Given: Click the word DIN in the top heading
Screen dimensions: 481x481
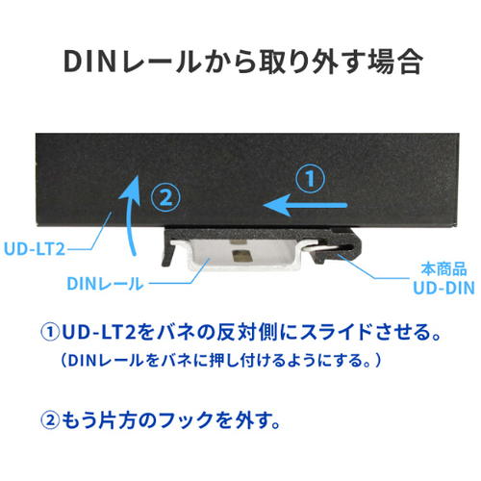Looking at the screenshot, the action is (x=89, y=61).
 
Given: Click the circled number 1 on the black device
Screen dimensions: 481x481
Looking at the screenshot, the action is (x=310, y=178).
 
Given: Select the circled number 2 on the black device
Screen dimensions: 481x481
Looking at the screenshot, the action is (x=165, y=197).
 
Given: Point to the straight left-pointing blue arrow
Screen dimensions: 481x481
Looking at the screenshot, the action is (x=305, y=205).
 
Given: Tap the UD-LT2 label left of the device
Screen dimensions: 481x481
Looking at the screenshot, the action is (x=35, y=249).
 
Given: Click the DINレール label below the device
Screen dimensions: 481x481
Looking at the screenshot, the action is (x=105, y=284).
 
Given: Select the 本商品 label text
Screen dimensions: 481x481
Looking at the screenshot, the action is (x=443, y=268).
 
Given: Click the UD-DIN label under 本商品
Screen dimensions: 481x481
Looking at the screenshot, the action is (x=443, y=288).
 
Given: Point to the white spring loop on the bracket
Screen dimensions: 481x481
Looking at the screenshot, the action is (x=324, y=247).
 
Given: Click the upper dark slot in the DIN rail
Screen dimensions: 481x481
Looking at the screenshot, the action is (x=240, y=239).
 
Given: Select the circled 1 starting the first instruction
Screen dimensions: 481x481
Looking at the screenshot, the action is (x=50, y=332).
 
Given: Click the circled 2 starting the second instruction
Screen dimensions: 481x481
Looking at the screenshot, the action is (x=50, y=420).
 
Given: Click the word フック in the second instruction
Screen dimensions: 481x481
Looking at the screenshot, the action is (x=186, y=420).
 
